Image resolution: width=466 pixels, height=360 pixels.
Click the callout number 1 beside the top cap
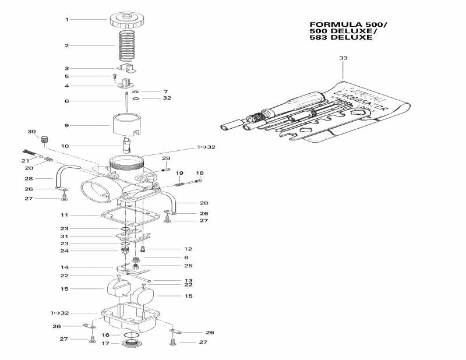coord(67,19)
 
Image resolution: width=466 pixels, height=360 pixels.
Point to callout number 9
coord(67,125)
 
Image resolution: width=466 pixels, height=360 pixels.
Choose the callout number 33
coord(343,58)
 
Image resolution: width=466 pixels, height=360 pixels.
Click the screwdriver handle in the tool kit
coord(292,105)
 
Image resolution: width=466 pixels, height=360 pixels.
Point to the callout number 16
coord(105,335)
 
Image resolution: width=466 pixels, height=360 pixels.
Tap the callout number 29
coord(166,158)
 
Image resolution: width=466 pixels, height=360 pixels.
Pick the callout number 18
coord(200,173)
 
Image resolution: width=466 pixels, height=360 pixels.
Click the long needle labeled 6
coord(125,99)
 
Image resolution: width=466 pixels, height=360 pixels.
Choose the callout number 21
coord(25,161)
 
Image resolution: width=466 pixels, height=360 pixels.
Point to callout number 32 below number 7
coord(167,98)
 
